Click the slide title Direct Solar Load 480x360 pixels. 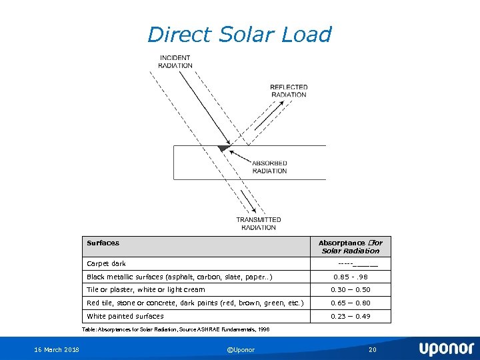click(x=239, y=35)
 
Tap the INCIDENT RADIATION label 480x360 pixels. click(x=175, y=61)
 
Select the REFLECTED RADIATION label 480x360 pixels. click(x=289, y=91)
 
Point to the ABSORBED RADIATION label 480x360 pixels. click(x=269, y=167)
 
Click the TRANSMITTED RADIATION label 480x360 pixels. click(x=259, y=223)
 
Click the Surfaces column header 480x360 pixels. click(x=103, y=243)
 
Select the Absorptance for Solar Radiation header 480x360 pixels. click(x=350, y=247)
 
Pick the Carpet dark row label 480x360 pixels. click(x=107, y=264)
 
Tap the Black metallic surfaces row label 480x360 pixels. click(x=179, y=277)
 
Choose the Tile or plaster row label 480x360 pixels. click(x=146, y=290)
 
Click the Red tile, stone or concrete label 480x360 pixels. click(x=195, y=303)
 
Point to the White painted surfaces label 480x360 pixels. click(x=125, y=316)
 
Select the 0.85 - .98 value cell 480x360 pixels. click(x=351, y=277)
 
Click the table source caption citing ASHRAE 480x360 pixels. click(x=175, y=329)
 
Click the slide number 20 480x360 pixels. click(x=373, y=349)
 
